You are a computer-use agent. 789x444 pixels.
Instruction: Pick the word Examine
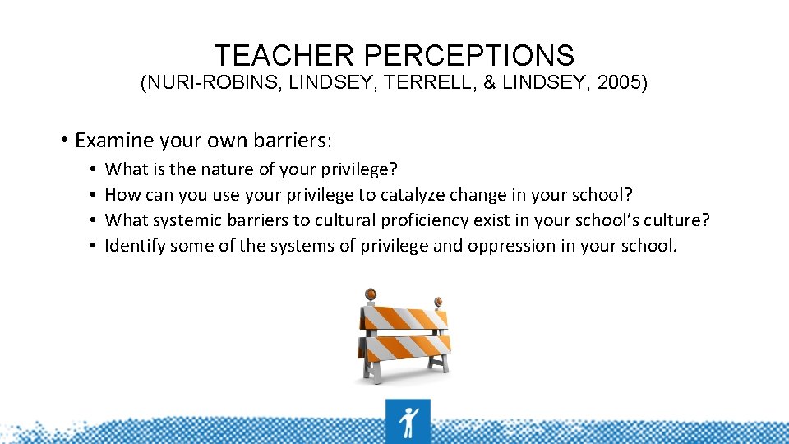click(x=115, y=141)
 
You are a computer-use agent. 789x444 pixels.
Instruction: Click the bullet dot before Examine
click(x=62, y=141)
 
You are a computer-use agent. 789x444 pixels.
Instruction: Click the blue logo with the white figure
click(x=407, y=421)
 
